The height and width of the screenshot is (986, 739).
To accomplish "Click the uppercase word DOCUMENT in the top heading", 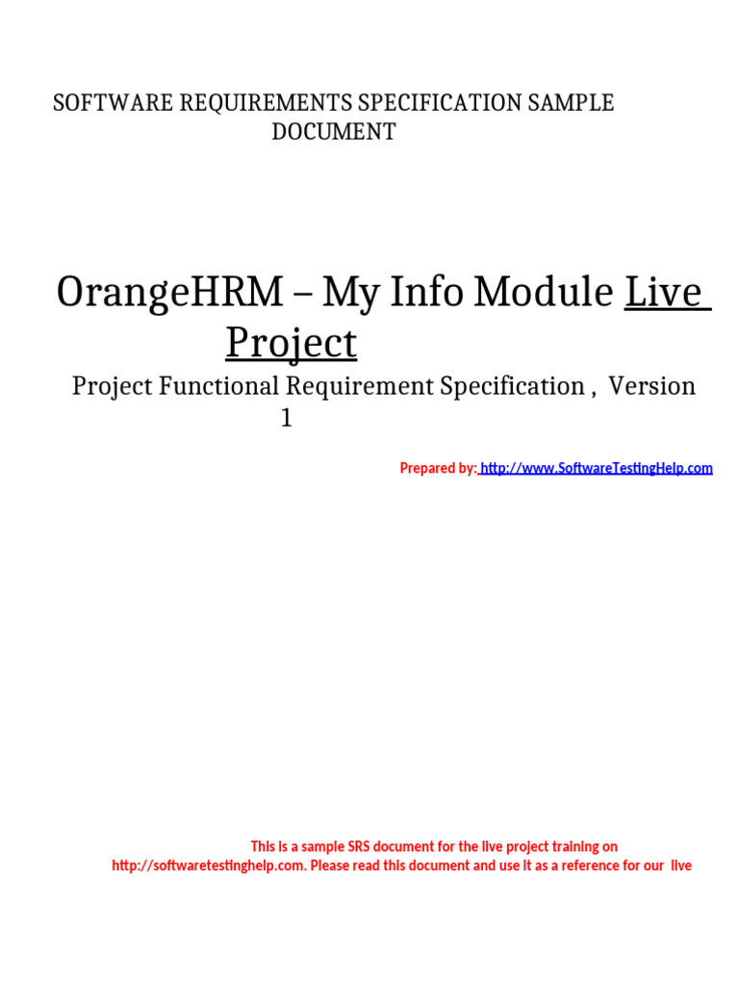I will pos(333,132).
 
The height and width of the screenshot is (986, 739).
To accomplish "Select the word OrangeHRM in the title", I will pos(169,292).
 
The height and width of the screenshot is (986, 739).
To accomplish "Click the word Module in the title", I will pos(552,292).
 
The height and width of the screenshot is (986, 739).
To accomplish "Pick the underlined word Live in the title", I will pos(666,292).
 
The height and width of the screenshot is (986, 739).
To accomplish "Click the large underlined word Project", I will pos(291,343).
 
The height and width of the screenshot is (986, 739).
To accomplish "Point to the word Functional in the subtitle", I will pos(219,386).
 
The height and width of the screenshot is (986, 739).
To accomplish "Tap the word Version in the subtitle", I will pos(651,386).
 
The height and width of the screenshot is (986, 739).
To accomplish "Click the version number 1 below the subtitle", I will pos(286,419).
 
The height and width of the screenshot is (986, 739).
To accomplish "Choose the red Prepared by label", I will pos(437,468).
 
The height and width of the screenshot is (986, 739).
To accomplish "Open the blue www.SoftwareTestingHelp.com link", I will pos(597,468).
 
